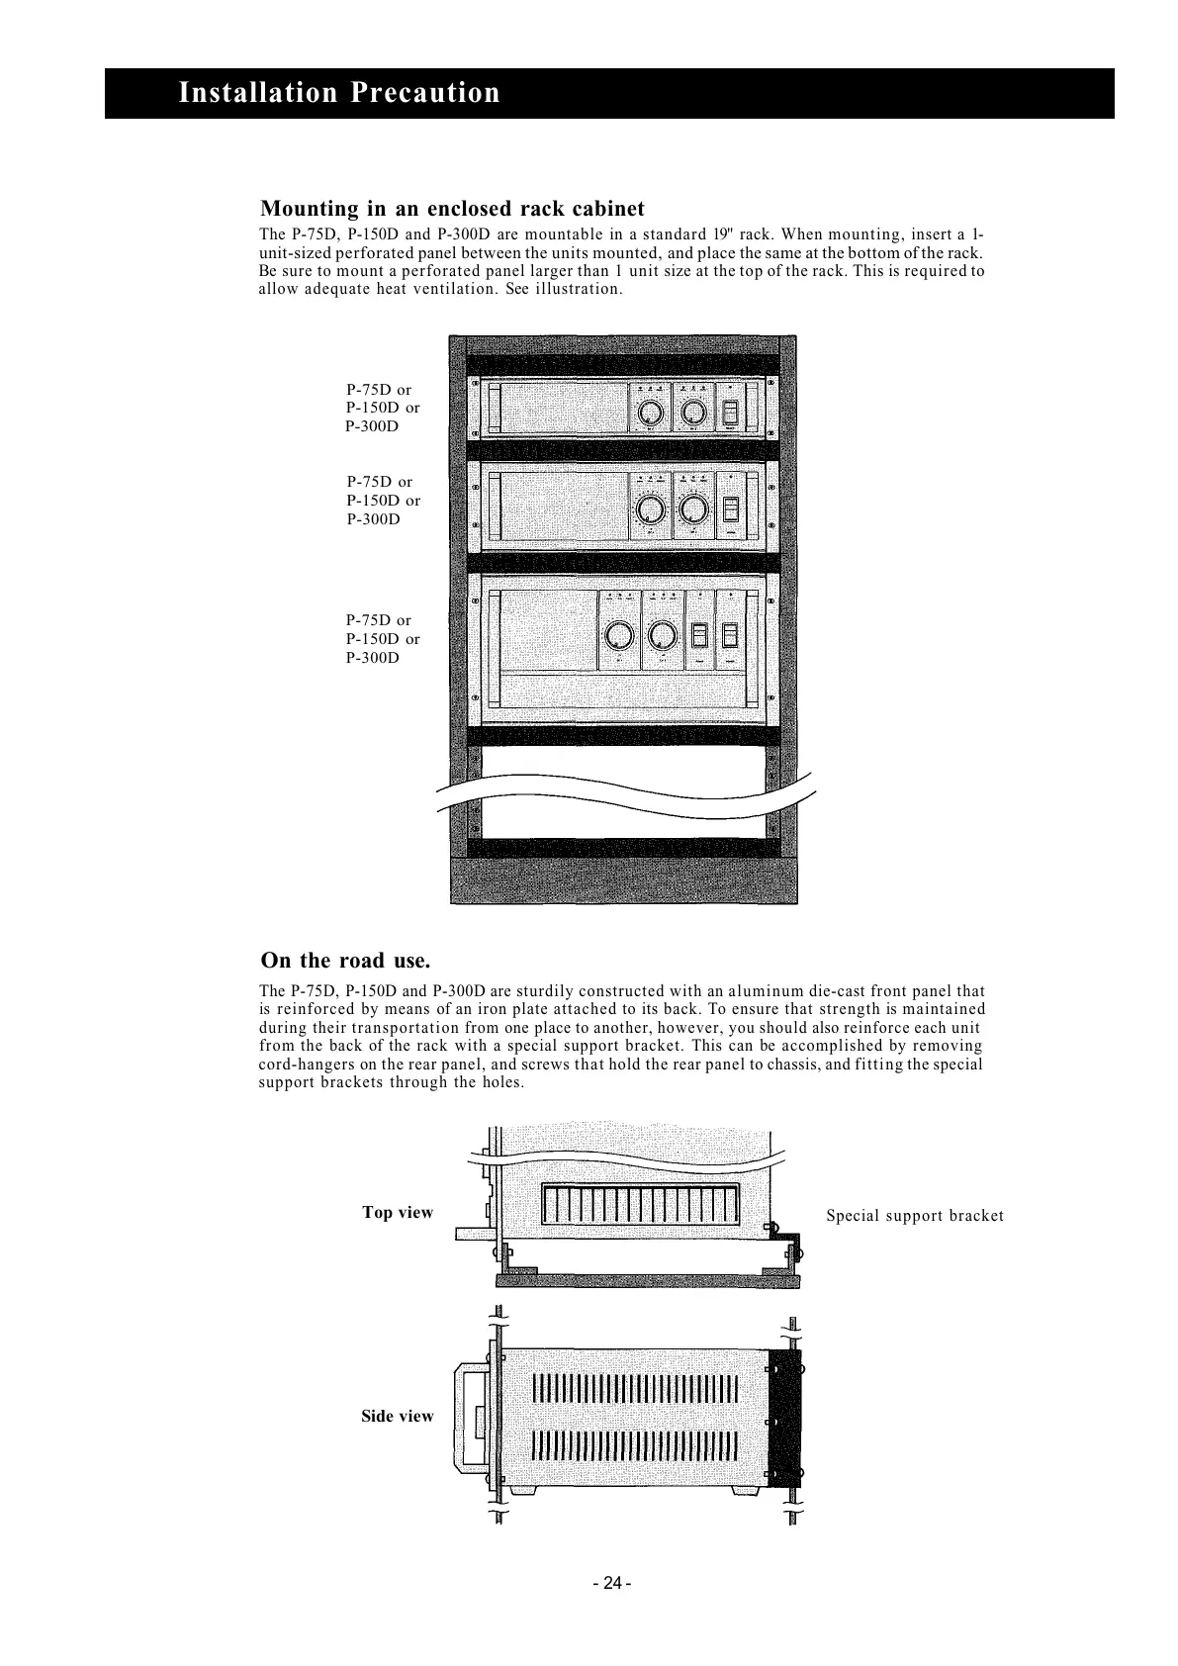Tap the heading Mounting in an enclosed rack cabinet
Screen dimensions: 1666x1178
[452, 209]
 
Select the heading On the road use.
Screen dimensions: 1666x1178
[345, 961]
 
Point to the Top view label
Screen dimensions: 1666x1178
[398, 1213]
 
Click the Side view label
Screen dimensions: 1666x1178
[398, 1417]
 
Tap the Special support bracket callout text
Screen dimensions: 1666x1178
[915, 1216]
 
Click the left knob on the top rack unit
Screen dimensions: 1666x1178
[651, 412]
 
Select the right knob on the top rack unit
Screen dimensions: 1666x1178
[694, 412]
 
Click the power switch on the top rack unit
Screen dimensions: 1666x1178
[732, 412]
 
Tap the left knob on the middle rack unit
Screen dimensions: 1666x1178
[650, 509]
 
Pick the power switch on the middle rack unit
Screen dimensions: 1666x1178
[732, 509]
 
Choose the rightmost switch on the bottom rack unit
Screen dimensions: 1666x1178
[732, 634]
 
